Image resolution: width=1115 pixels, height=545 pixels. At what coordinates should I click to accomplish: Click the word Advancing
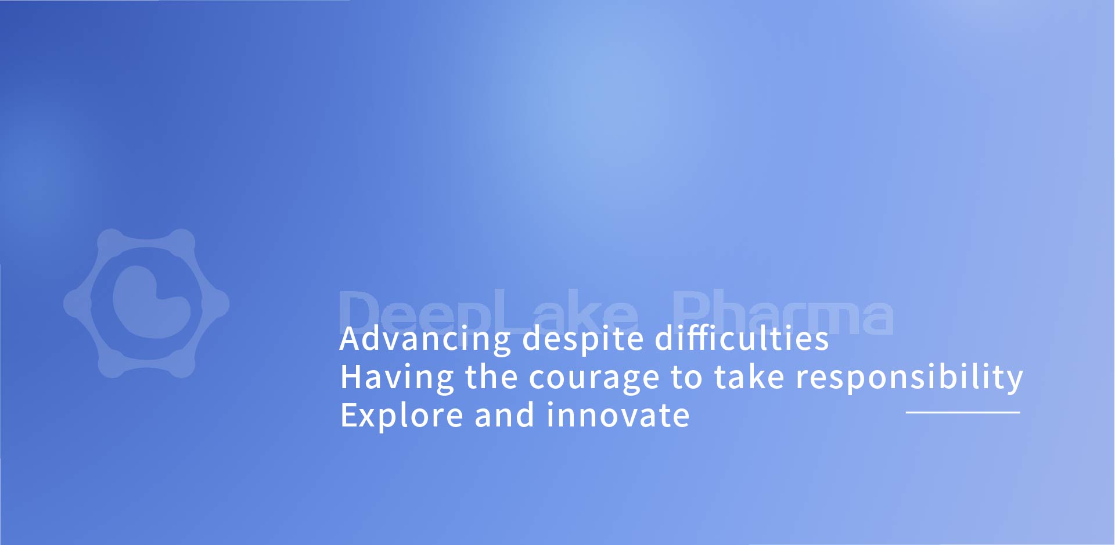coord(426,339)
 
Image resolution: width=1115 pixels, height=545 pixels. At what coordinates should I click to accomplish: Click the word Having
coord(397,378)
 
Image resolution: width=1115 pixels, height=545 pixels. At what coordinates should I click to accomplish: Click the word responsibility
coord(909,378)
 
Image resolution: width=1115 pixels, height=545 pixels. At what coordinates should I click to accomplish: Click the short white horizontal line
coord(963,413)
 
